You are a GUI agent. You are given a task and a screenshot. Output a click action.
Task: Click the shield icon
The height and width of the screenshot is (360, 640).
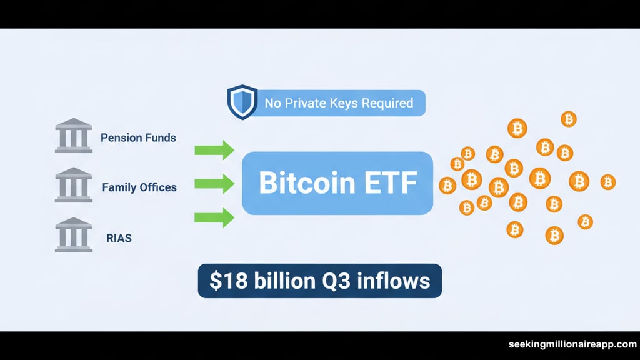click(x=242, y=102)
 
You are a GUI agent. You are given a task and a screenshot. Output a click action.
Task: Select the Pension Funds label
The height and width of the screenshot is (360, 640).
click(x=138, y=138)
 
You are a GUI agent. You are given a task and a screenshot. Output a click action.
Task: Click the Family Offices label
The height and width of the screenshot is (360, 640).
click(x=139, y=187)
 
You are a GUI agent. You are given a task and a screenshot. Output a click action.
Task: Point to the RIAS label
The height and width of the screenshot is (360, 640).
click(x=119, y=238)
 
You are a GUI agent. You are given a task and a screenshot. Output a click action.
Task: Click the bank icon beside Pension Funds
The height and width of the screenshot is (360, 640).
click(x=74, y=136)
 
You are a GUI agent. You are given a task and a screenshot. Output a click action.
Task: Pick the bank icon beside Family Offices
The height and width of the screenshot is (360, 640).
click(x=74, y=185)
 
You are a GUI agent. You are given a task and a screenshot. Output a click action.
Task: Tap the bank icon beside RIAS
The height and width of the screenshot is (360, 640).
click(x=74, y=235)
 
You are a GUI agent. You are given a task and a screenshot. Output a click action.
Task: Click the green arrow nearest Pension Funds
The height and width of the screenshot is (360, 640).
click(x=214, y=150)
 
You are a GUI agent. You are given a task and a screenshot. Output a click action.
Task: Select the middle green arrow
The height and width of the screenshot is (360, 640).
click(x=214, y=184)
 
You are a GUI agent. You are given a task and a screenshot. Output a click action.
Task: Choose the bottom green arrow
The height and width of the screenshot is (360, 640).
click(x=214, y=217)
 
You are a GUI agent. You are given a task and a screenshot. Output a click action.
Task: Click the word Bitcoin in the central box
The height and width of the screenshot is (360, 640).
click(x=307, y=182)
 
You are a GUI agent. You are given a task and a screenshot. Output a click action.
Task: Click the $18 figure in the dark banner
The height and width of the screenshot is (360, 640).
click(x=228, y=281)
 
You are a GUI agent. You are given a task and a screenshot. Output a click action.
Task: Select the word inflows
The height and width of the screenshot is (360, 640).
click(x=394, y=281)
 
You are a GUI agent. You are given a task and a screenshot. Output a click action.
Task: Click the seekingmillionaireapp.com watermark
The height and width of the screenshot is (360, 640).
click(x=572, y=344)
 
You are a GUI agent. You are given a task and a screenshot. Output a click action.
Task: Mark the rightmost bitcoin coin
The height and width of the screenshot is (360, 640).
click(x=607, y=182)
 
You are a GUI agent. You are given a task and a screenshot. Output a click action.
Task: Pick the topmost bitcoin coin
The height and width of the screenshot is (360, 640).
click(x=569, y=119)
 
